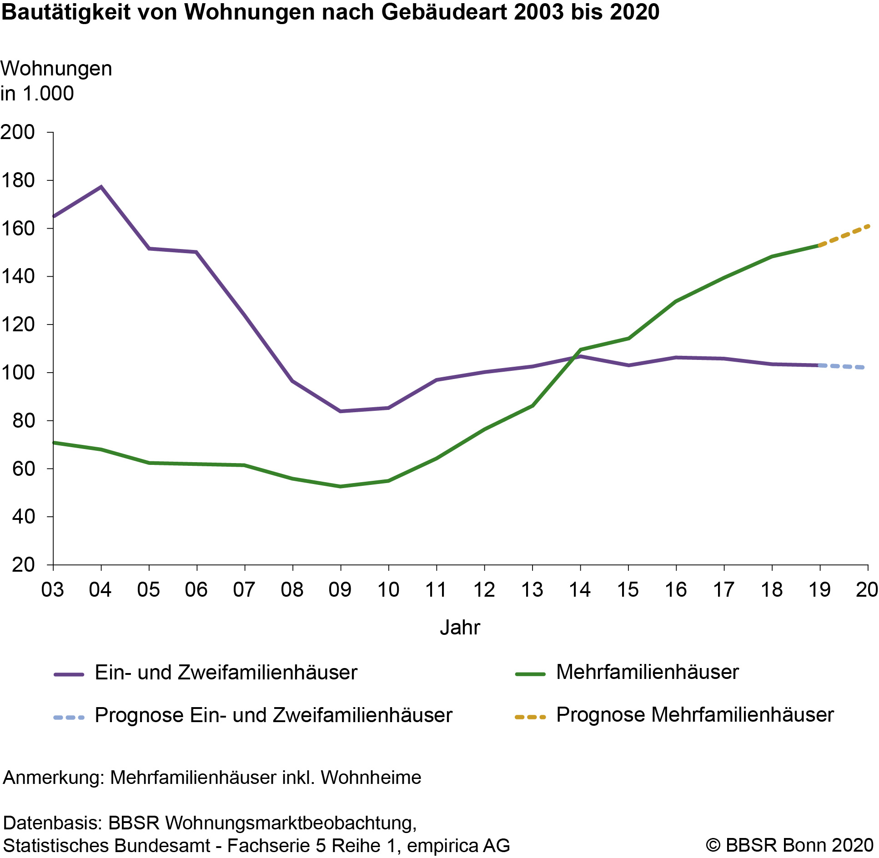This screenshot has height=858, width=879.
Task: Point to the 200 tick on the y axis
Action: (x=18, y=132)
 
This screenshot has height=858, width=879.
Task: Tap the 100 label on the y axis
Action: (x=18, y=373)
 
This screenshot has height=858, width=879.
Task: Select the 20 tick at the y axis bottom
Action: (x=23, y=565)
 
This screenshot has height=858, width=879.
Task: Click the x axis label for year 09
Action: (x=340, y=590)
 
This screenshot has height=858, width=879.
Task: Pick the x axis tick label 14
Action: (x=580, y=590)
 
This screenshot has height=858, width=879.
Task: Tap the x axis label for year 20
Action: (x=867, y=590)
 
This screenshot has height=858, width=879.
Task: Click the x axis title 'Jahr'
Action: (x=460, y=628)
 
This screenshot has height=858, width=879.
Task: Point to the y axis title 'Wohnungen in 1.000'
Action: (x=56, y=81)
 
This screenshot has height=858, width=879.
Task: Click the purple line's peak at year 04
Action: (x=101, y=187)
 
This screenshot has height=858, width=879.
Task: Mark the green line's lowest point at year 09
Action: (x=341, y=486)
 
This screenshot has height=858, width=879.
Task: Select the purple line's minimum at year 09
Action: (x=341, y=411)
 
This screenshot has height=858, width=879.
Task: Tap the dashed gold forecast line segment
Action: (x=844, y=235)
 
